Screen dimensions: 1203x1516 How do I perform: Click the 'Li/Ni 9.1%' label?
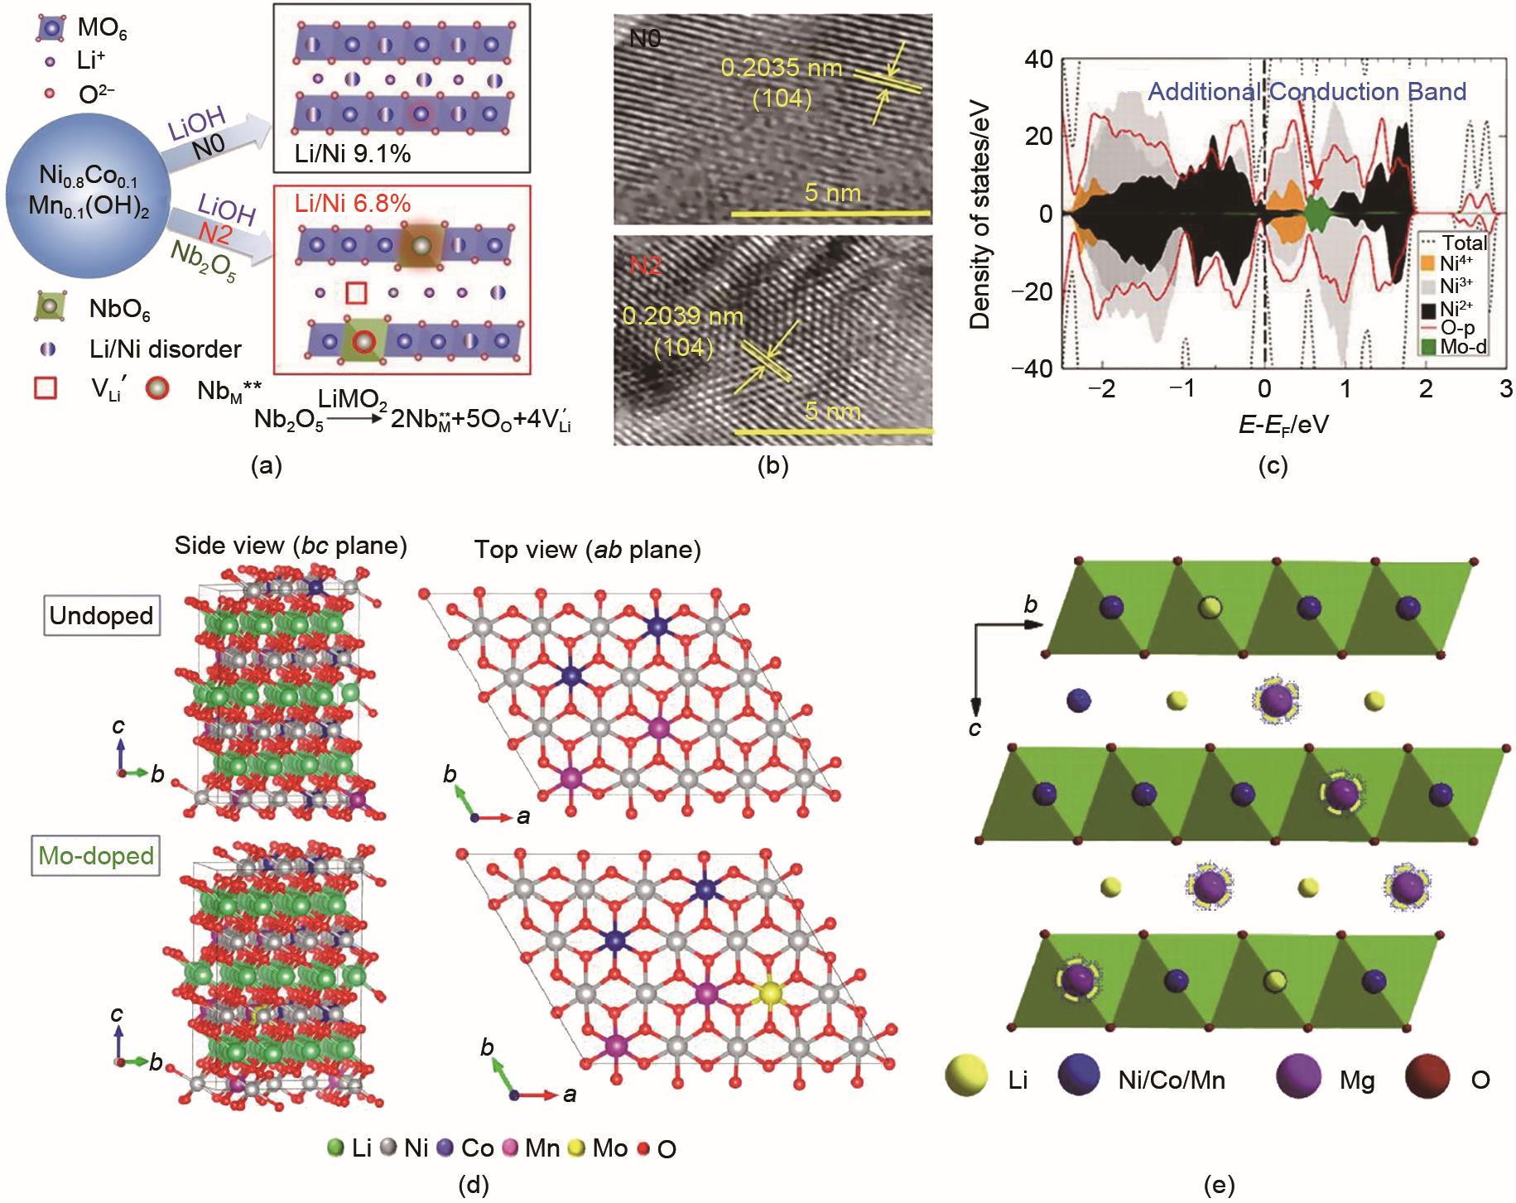pos(353,154)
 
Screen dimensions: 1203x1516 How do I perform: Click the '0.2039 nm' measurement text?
pos(683,317)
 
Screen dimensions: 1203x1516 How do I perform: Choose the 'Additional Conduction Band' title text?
pos(1307,91)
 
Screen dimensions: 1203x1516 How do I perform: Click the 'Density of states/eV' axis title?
pos(979,219)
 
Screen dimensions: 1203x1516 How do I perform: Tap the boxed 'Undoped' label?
pos(101,616)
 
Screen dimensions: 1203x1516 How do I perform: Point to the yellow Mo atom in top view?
pos(771,992)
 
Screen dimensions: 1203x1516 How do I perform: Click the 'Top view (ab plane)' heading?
pos(588,550)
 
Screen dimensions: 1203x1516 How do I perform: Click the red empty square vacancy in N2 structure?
pos(356,293)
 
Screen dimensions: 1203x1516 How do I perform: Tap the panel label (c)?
pos(1272,466)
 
